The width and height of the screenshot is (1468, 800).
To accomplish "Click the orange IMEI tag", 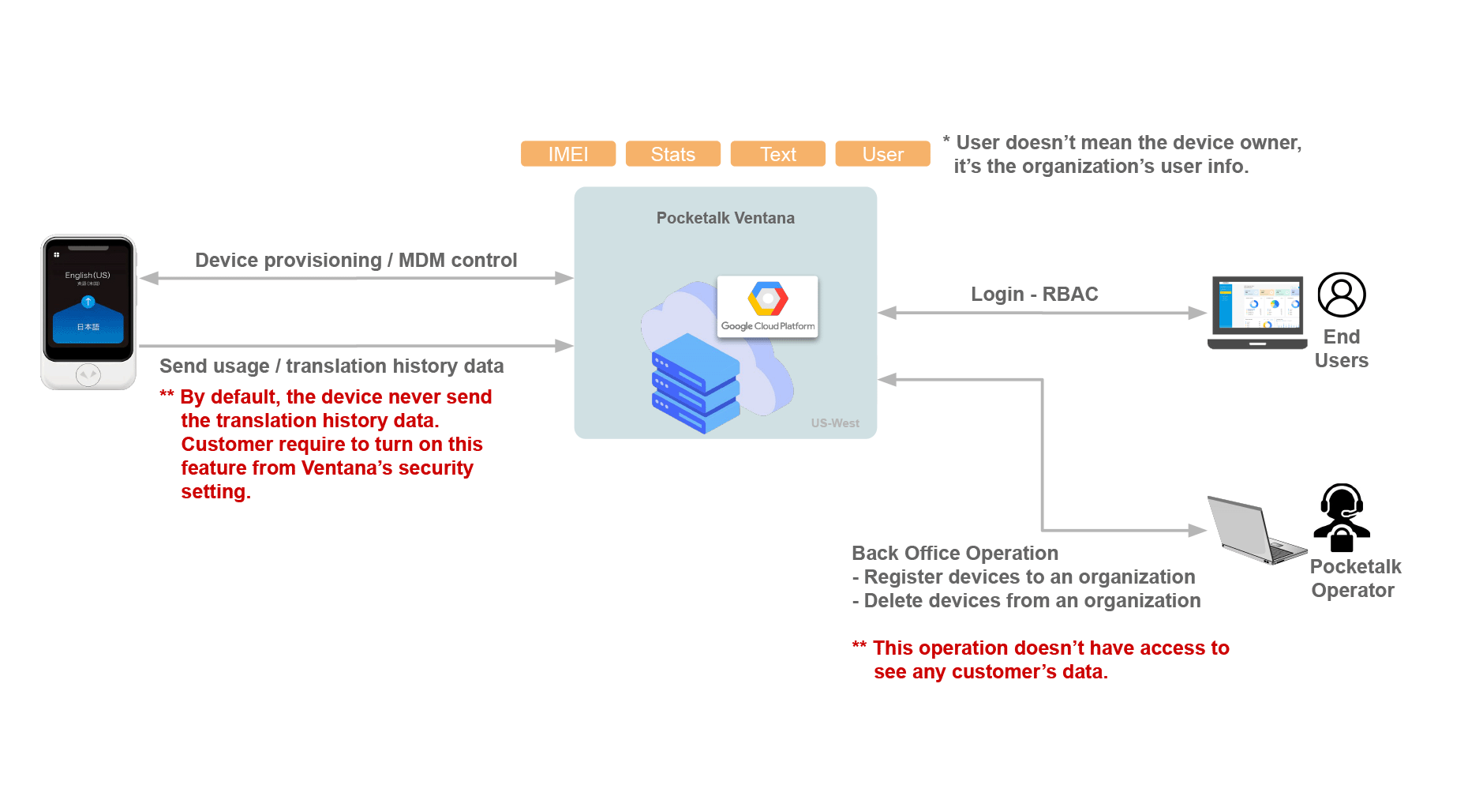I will tap(567, 154).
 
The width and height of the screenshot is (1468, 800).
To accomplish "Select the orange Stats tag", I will tap(672, 154).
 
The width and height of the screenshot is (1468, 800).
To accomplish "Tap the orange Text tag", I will tap(777, 154).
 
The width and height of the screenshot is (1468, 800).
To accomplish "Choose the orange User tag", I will tap(882, 154).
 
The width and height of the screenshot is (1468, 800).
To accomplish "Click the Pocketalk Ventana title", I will tap(725, 218).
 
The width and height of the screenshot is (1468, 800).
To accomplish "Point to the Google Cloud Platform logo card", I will tap(767, 306).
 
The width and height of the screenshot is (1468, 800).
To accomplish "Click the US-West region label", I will tap(835, 423).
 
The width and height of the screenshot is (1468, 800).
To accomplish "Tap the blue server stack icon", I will tap(695, 383).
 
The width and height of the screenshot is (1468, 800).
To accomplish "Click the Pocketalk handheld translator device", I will tap(88, 312).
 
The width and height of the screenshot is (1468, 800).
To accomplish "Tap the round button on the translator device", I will tap(88, 374).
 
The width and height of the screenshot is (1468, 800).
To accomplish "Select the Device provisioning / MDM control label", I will tap(356, 261).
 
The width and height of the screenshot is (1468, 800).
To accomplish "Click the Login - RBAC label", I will tap(1034, 295).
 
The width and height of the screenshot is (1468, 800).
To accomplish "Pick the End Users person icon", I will tap(1342, 295).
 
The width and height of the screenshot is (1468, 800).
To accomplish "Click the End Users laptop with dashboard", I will tap(1257, 313).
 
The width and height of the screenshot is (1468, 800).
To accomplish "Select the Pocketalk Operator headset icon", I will tap(1342, 517).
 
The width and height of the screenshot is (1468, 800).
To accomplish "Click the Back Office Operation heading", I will tap(955, 554).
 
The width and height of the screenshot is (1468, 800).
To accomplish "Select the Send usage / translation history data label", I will tap(331, 366).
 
